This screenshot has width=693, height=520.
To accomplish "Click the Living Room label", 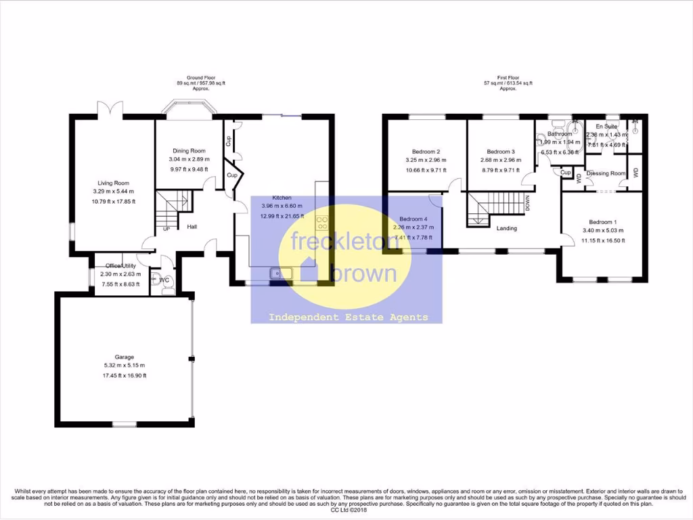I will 113,183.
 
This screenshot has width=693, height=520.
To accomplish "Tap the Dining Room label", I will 189,151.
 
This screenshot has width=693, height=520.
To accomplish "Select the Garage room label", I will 124,357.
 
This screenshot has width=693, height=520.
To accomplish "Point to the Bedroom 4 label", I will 413,219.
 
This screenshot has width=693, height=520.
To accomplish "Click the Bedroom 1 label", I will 602,222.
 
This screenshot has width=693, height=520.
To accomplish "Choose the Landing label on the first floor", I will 506,228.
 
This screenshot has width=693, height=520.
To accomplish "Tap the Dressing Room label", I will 606,173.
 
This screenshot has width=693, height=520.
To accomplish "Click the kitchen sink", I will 280,274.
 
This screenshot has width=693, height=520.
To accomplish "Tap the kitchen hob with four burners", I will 321,223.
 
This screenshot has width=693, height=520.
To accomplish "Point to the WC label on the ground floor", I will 164,280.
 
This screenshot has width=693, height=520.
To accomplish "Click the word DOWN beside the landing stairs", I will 528,203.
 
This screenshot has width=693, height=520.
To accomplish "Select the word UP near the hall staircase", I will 166,229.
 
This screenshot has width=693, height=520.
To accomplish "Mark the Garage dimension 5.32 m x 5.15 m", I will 124,366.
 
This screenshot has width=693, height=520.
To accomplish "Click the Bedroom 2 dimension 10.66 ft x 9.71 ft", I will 426,171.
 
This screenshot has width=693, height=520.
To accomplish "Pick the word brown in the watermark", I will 363,274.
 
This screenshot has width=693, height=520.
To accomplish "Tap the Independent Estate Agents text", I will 349,317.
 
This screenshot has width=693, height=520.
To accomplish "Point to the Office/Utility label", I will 118,265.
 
